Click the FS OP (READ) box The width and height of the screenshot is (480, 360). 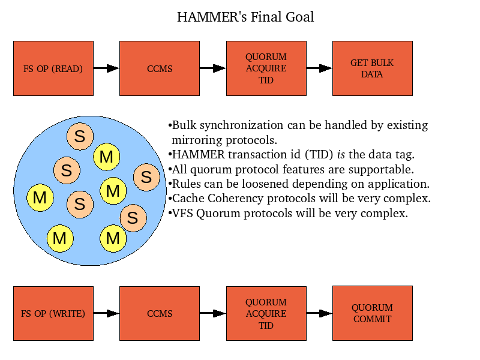tap(53, 68)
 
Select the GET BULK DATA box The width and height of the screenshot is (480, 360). tap(372, 68)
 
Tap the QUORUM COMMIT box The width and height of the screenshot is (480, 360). tap(372, 313)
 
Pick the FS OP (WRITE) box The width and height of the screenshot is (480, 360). tap(53, 313)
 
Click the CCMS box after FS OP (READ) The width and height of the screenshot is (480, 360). tap(160, 68)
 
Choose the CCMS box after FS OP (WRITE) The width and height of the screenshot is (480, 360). tap(160, 313)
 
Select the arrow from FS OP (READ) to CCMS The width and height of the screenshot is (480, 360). tap(106, 68)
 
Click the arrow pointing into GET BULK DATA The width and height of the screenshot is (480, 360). tap(319, 68)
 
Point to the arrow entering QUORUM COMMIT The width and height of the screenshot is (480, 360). tap(319, 313)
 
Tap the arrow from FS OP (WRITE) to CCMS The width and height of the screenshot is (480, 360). tap(106, 313)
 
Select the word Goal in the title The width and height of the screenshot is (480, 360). tap(299, 17)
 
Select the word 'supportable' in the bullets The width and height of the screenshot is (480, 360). tap(381, 170)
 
